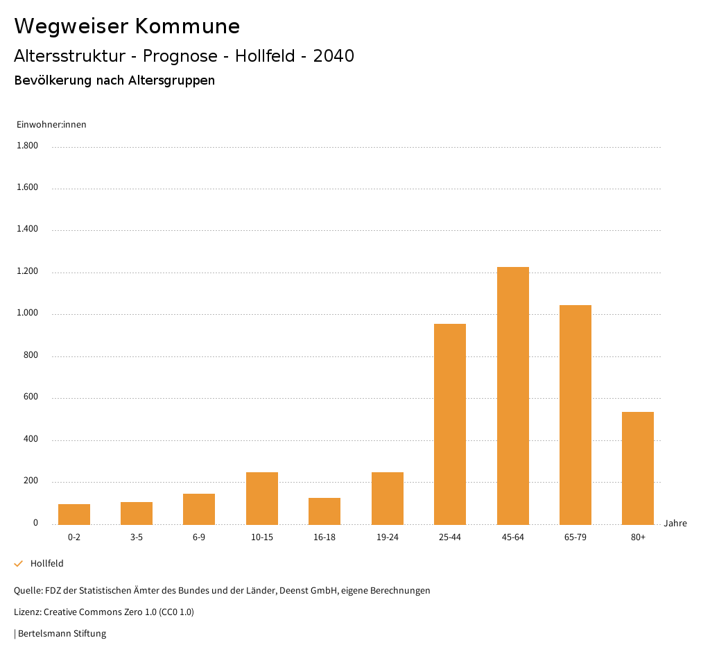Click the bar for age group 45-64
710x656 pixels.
coord(512,395)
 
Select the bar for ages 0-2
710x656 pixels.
coord(74,514)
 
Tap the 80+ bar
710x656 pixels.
coord(638,468)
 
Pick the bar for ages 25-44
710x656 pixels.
coord(450,424)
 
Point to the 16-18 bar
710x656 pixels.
coord(324,511)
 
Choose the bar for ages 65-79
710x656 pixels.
coord(575,415)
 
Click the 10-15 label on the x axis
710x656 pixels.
coord(262,537)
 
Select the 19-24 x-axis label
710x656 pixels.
coord(388,537)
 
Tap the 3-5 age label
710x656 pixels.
coord(137,537)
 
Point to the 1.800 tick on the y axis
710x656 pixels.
coord(28,146)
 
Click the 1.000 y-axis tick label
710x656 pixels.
coord(28,313)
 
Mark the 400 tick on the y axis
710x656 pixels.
coord(31,440)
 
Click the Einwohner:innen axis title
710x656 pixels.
coord(51,125)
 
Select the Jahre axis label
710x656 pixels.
coord(675,524)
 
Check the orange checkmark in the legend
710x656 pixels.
coord(19,564)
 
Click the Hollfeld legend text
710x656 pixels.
coord(47,564)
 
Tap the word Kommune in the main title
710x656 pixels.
coord(187,26)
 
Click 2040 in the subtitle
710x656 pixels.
coord(334,56)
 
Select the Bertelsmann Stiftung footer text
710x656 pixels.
coord(62,633)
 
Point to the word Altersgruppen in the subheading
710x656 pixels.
coord(171,80)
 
